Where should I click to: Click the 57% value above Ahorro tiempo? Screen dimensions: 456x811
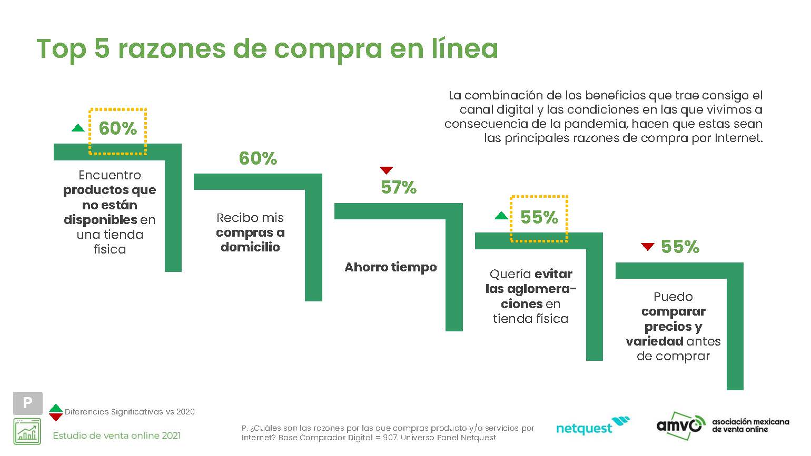[399, 187]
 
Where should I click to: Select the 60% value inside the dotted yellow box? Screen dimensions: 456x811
[117, 128]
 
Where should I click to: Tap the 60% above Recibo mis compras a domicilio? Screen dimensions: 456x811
[258, 158]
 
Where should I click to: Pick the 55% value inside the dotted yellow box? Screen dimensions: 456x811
[539, 217]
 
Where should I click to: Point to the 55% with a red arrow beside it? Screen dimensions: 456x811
[680, 247]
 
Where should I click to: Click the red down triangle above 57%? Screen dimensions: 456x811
[387, 170]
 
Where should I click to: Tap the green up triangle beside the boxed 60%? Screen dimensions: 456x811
[78, 128]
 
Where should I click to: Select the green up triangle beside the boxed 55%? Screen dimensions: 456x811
[502, 216]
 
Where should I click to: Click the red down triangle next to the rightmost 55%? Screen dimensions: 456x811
[648, 246]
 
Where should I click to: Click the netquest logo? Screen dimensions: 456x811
[593, 427]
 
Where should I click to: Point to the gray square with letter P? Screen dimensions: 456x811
[27, 403]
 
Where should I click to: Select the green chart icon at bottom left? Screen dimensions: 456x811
[27, 431]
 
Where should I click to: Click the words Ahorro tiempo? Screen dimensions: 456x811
[390, 267]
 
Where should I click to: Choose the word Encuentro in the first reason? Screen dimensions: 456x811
[110, 175]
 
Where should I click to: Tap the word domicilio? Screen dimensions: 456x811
[250, 247]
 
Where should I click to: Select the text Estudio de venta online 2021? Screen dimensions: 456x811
[116, 435]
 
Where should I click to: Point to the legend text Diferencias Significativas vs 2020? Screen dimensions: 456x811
[130, 412]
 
